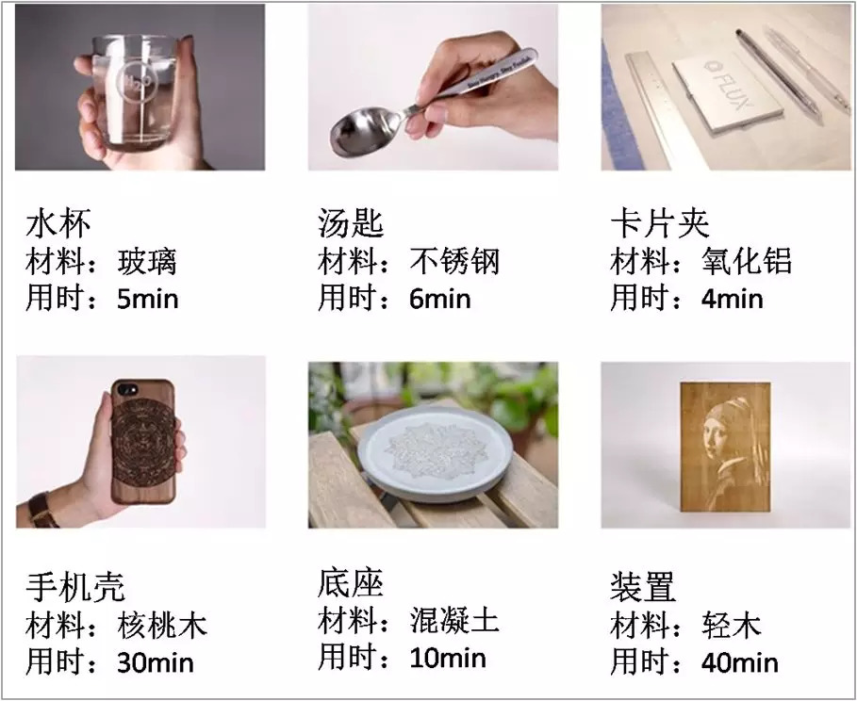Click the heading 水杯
(x=58, y=223)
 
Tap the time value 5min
(x=148, y=299)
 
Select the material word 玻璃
(x=147, y=262)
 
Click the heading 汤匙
(x=351, y=223)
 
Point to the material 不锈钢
(x=454, y=261)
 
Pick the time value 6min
(x=440, y=299)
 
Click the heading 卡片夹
(x=660, y=223)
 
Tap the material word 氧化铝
(x=747, y=261)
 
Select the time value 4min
(x=733, y=299)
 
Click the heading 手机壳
(x=75, y=587)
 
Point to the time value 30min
(x=156, y=662)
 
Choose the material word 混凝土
(x=454, y=621)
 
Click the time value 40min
(x=740, y=662)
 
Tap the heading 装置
(x=643, y=587)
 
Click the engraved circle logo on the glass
(x=138, y=81)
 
